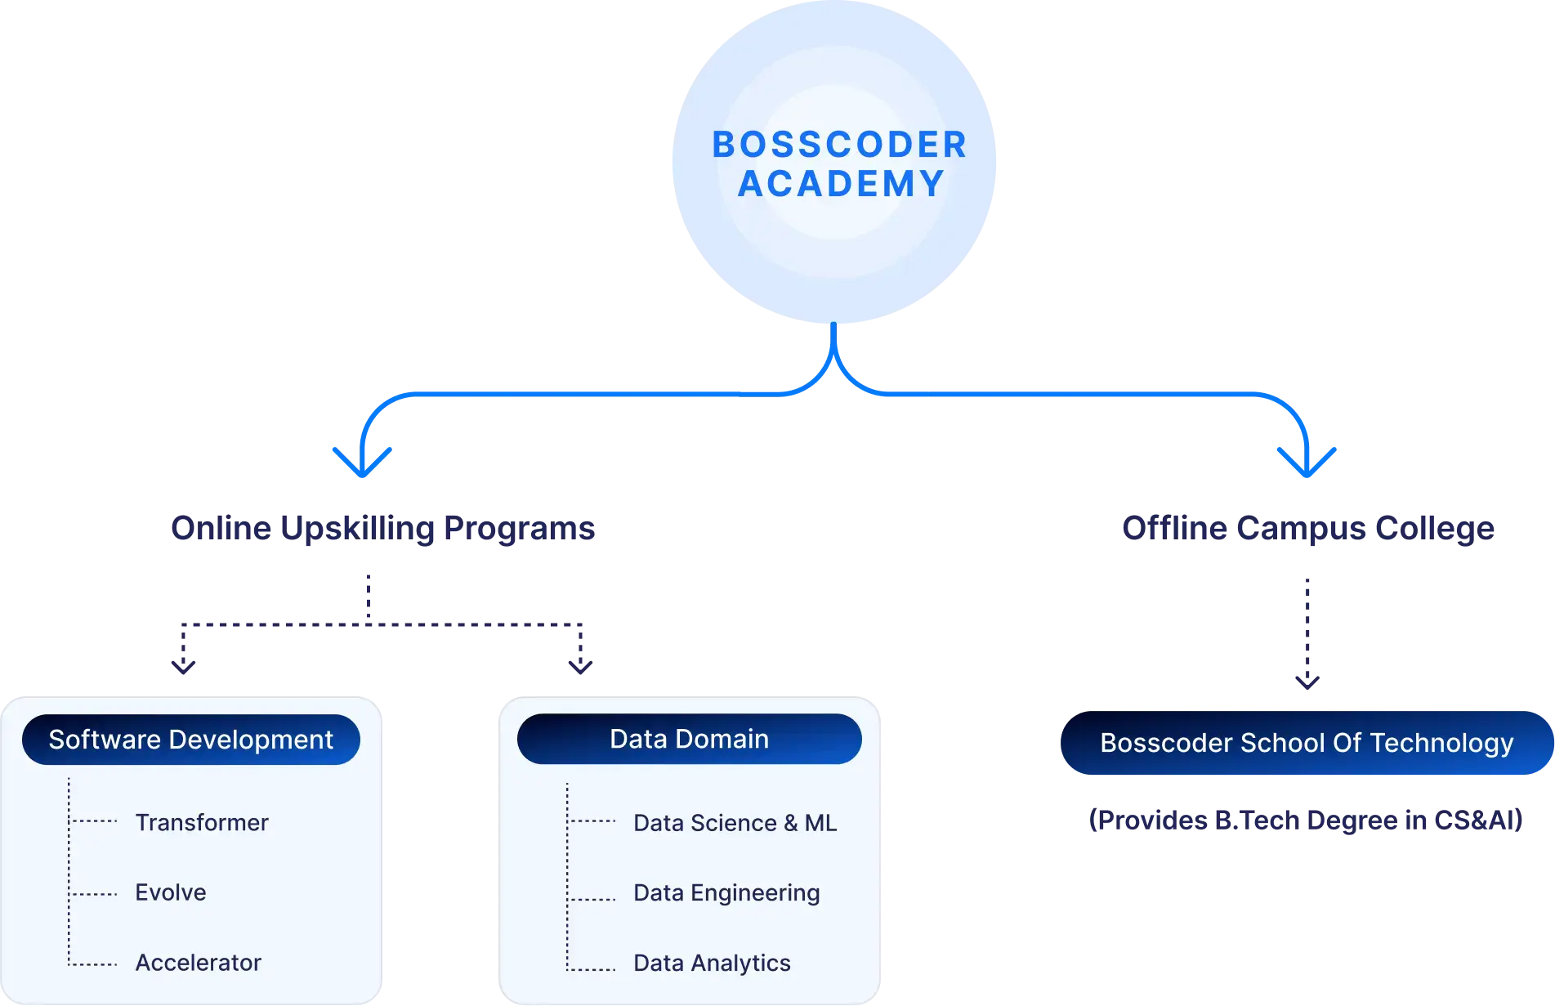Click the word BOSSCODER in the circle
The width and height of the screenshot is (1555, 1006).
[839, 145]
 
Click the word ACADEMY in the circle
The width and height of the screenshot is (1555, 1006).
[842, 184]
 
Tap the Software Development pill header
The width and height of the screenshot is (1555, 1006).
[191, 740]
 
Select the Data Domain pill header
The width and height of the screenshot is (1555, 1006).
[689, 739]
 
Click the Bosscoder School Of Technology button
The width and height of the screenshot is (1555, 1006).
[1307, 743]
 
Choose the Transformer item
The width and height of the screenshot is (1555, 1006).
[202, 822]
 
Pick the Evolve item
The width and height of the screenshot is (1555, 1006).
[171, 892]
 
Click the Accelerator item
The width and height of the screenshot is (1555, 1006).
[199, 963]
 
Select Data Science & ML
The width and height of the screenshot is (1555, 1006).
[735, 823]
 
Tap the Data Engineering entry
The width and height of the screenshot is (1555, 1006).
[726, 893]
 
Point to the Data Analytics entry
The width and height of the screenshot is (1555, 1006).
[712, 964]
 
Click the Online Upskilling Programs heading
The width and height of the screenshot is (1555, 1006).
[382, 529]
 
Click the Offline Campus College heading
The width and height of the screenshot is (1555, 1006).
[1307, 528]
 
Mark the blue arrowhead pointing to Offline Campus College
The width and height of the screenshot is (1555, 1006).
[1307, 466]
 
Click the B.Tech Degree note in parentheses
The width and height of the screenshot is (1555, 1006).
[1305, 819]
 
